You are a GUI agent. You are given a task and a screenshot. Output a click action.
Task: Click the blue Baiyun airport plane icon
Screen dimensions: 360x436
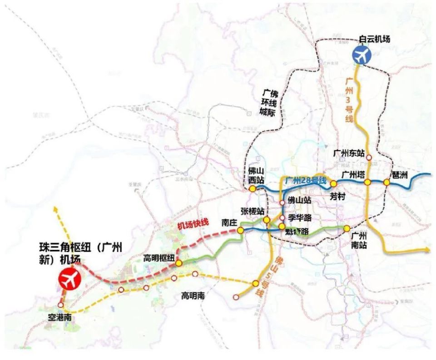(362, 55)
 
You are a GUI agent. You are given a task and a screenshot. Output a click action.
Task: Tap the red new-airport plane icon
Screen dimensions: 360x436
(69, 280)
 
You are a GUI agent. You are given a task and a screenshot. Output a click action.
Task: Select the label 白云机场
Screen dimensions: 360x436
(374, 39)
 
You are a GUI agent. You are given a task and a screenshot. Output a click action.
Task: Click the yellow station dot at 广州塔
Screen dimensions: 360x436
(368, 182)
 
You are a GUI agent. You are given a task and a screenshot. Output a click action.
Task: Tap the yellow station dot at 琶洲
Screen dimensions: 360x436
(386, 182)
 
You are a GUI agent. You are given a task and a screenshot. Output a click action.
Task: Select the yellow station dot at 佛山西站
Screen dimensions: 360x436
(252, 188)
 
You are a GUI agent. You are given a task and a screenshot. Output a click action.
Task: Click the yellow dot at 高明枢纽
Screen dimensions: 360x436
(179, 263)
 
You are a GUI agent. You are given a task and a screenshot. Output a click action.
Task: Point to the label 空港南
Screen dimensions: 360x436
(59, 317)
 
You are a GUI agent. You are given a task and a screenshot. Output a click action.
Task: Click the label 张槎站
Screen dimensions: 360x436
(253, 212)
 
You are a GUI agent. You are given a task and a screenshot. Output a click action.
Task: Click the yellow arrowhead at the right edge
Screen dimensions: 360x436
(428, 249)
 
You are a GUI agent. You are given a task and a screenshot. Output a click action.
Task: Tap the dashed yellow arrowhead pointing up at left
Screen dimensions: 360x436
(55, 209)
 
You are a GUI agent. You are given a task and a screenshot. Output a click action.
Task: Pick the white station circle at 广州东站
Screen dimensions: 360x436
(369, 158)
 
